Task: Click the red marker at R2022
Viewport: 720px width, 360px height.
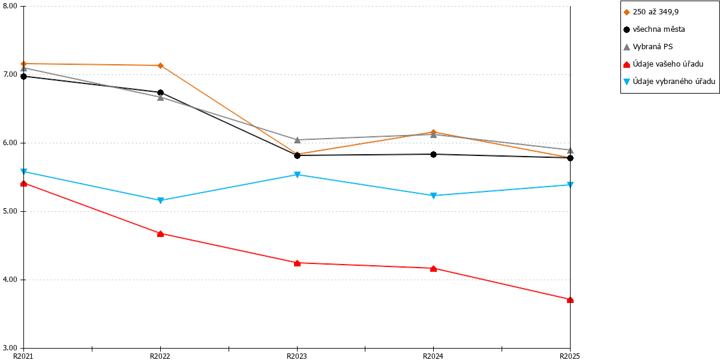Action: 160,233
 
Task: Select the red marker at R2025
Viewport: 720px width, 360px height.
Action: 570,300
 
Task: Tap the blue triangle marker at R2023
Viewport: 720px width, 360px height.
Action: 298,175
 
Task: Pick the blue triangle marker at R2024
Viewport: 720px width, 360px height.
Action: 433,196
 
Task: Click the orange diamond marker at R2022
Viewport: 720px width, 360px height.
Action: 160,65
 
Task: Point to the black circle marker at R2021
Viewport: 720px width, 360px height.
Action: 23,76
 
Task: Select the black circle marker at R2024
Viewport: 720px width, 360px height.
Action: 433,154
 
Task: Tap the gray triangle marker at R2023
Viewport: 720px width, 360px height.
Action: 298,140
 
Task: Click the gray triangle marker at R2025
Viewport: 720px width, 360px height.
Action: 570,150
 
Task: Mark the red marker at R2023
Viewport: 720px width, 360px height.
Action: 298,263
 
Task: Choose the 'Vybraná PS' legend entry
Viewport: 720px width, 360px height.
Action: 648,47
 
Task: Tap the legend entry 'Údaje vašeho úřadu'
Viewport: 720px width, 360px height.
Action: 664,64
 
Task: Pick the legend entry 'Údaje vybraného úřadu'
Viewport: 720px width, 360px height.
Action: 669,82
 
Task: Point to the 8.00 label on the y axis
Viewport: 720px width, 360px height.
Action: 10,6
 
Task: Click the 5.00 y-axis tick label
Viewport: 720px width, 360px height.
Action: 10,211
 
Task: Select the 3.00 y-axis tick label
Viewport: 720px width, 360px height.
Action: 10,348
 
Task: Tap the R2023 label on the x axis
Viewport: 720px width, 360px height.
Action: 296,356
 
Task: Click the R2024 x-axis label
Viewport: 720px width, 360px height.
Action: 433,356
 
